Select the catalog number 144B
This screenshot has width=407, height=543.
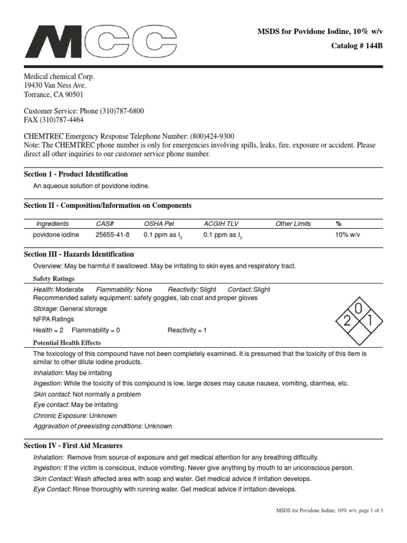[371, 46]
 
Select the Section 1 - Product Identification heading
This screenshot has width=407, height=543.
[76, 174]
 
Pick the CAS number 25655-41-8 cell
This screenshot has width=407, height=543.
[112, 235]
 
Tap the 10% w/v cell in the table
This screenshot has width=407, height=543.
[348, 235]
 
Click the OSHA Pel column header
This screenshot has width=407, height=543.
[159, 224]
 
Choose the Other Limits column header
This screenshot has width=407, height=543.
[293, 224]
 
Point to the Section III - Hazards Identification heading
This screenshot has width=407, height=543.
[79, 254]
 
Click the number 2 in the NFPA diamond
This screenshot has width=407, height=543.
[347, 320]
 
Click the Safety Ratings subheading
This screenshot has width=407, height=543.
[54, 278]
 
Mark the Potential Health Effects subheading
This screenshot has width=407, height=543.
[67, 343]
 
